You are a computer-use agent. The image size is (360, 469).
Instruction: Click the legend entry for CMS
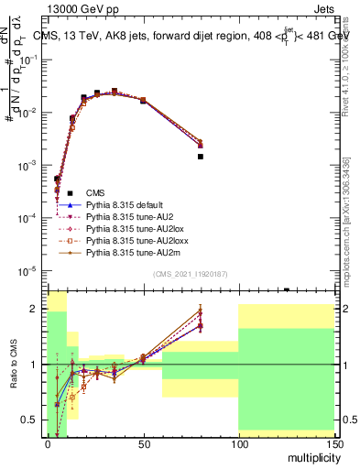point(95,192)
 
